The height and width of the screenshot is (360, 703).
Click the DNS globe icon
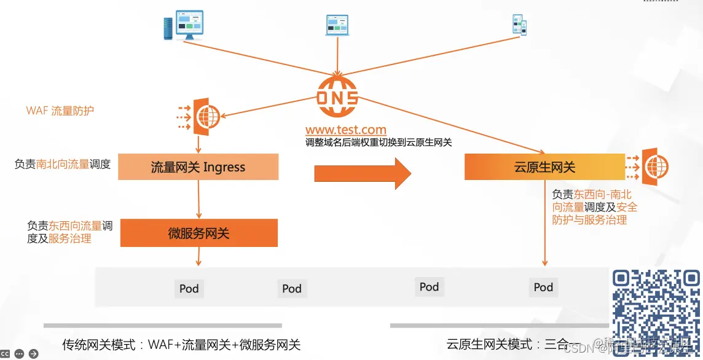(337, 97)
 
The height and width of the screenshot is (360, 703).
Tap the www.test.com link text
(346, 130)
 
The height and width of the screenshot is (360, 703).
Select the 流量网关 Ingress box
(198, 167)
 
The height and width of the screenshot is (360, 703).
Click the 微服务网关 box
(198, 233)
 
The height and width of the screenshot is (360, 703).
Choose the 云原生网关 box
(544, 167)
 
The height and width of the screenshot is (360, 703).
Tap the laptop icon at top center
(337, 25)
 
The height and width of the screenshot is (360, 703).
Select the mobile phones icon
(520, 24)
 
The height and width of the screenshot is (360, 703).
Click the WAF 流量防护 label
(60, 111)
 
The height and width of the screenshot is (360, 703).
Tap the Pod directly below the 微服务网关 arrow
(189, 289)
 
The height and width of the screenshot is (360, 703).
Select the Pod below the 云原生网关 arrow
(543, 287)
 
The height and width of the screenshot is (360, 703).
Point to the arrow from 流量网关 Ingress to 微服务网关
(198, 200)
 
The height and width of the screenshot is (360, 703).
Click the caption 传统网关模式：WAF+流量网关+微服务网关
(181, 344)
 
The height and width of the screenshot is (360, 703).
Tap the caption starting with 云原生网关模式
(513, 344)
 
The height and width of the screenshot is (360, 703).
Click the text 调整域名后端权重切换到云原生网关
(379, 143)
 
